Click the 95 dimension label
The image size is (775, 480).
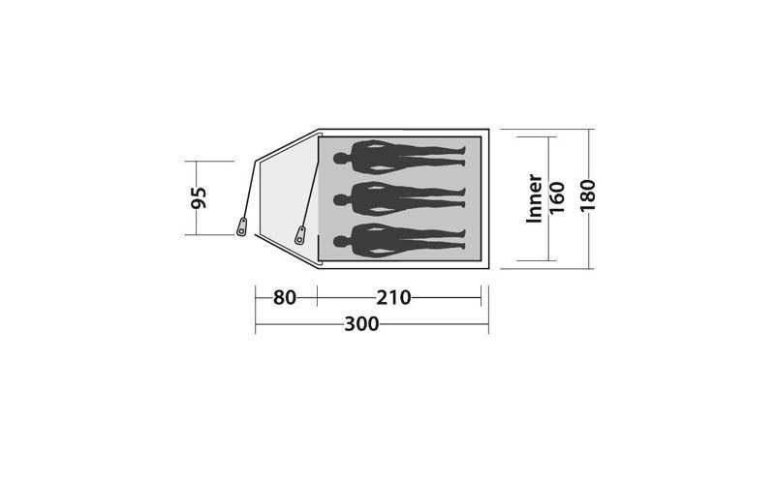(200, 197)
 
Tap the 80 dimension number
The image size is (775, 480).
(285, 297)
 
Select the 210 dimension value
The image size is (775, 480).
(393, 297)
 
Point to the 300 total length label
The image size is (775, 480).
(361, 324)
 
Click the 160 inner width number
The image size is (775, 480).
(557, 197)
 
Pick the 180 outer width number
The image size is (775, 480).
(588, 195)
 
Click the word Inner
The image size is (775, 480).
(535, 198)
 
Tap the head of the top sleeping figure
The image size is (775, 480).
(340, 159)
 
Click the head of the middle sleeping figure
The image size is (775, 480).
(340, 200)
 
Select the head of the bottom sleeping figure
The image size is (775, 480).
(340, 242)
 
